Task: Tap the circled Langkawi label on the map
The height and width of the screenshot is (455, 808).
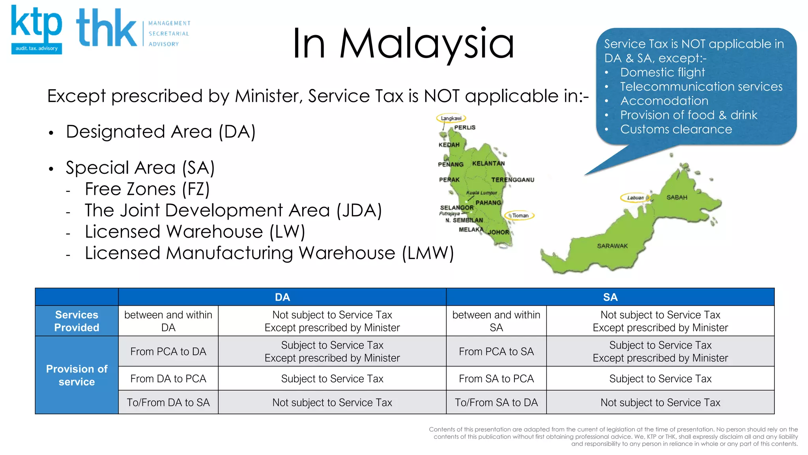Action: (x=451, y=118)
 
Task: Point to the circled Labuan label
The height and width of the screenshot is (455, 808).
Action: (x=635, y=197)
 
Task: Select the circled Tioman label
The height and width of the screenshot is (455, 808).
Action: (x=520, y=216)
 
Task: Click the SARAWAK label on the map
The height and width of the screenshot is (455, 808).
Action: (x=612, y=246)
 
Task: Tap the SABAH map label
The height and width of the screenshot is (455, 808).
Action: (x=677, y=197)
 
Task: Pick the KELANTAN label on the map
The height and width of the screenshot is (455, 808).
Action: (x=488, y=164)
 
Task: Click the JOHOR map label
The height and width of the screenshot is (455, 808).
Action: (x=499, y=232)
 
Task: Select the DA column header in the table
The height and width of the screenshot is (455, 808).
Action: (x=282, y=297)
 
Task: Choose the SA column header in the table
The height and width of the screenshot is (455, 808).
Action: (x=610, y=297)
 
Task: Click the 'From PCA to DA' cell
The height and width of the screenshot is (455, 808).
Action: (x=168, y=352)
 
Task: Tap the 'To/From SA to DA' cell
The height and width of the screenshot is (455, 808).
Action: (x=496, y=402)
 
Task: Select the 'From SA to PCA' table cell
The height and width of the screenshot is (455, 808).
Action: (x=496, y=379)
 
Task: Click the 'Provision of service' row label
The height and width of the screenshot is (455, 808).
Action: (x=77, y=375)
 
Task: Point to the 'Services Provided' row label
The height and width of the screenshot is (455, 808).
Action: (x=77, y=321)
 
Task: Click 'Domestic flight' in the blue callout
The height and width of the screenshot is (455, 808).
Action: (x=662, y=72)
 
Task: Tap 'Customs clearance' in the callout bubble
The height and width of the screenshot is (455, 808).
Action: (x=676, y=129)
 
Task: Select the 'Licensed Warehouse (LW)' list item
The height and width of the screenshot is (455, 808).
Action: (x=195, y=232)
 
